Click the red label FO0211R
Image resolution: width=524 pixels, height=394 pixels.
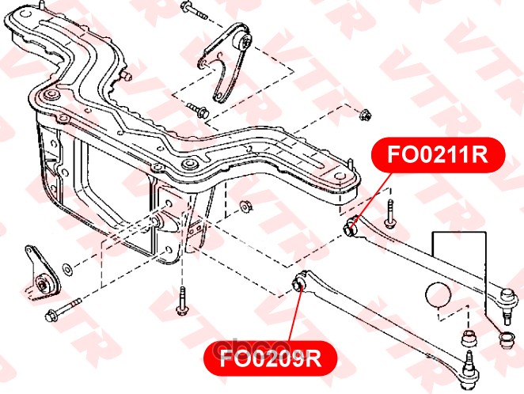(438, 154)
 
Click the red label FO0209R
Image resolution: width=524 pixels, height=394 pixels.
(271, 358)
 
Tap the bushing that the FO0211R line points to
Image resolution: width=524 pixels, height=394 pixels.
(351, 225)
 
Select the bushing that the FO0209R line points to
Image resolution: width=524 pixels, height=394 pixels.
(298, 282)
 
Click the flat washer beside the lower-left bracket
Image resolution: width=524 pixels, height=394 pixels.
(67, 270)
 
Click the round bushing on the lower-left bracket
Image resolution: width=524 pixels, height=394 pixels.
(43, 286)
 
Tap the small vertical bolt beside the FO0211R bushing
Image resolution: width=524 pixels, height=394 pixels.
(390, 214)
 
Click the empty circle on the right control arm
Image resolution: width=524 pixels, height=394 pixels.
(438, 294)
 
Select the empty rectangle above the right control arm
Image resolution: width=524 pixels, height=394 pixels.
(459, 257)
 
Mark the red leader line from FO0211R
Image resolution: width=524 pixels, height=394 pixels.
(371, 197)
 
